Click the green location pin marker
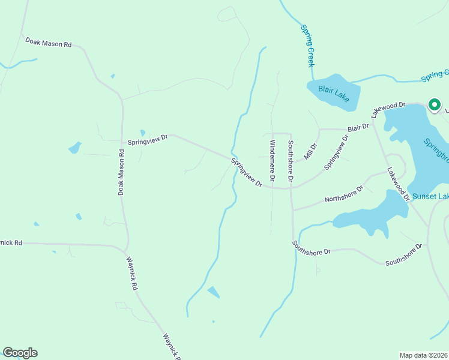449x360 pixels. (434, 104)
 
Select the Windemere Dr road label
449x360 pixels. (272, 160)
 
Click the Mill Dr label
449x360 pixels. (310, 151)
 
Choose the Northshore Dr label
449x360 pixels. (344, 193)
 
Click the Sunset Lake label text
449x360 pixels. (431, 196)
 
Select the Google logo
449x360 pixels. (20, 352)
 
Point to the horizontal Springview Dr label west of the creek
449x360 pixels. (147, 140)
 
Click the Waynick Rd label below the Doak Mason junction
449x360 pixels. (131, 274)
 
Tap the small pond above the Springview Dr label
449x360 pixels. (142, 133)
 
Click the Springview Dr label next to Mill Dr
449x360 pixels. (336, 152)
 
